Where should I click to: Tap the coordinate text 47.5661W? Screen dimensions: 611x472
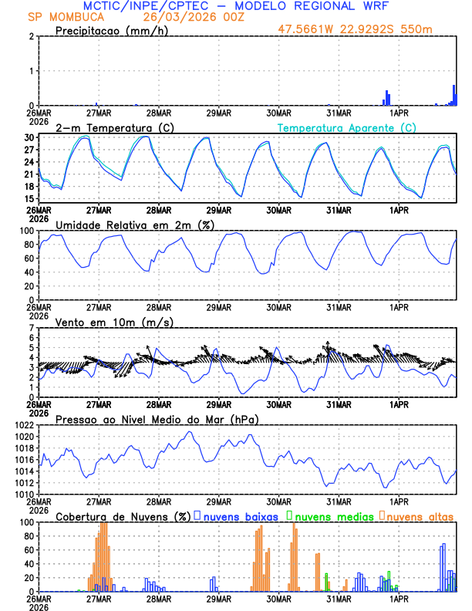308,30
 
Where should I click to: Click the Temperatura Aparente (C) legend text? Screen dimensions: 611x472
347,127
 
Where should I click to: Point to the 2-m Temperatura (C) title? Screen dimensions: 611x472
110,127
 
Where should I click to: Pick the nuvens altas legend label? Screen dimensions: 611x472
420,516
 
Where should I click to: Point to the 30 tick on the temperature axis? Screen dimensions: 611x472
29,137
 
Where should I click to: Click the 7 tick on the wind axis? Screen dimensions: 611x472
32,328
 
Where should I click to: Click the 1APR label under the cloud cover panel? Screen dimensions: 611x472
398,598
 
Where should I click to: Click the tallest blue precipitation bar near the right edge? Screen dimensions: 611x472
454,95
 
